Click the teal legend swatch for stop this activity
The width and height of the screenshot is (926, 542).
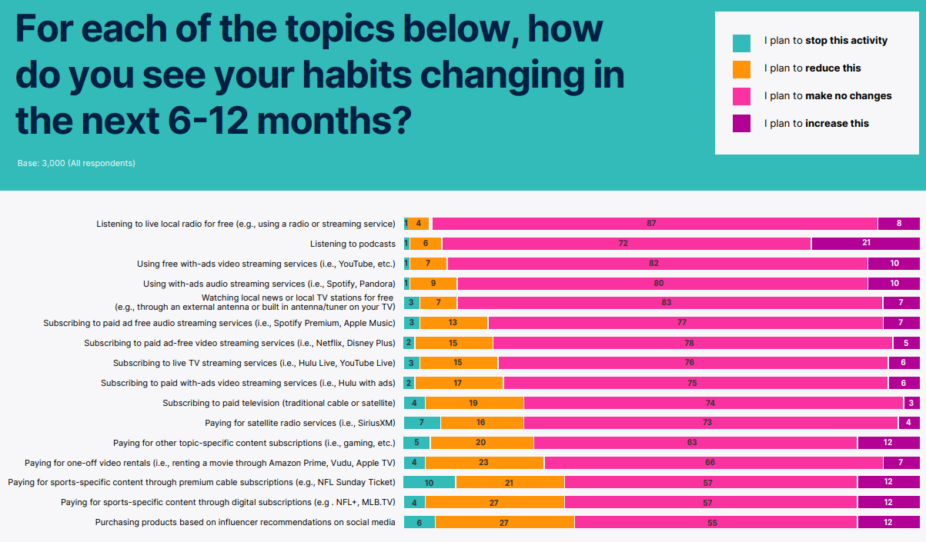tap(741, 42)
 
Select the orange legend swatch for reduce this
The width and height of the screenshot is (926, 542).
tap(741, 69)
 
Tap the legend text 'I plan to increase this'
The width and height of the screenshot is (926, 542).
tap(816, 123)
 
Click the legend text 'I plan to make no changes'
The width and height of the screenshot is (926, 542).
tap(827, 96)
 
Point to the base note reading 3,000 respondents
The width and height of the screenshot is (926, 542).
tap(76, 163)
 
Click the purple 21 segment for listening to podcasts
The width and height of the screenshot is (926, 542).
tap(865, 244)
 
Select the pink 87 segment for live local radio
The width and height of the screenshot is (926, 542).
tap(654, 224)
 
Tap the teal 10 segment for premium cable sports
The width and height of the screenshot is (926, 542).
tap(430, 482)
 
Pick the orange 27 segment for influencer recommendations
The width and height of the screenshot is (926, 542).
tap(504, 522)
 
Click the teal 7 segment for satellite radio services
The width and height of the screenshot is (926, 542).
tap(422, 423)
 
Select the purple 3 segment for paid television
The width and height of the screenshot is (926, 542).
tap(911, 403)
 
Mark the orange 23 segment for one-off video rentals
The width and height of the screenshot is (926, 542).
tap(484, 463)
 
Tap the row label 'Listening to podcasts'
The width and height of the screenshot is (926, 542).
tap(353, 244)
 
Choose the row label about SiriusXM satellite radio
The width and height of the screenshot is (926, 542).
tap(300, 423)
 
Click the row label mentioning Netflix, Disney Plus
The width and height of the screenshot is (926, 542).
tap(239, 343)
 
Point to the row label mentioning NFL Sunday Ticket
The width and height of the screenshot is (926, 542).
tap(202, 482)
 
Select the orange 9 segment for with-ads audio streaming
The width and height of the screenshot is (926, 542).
tap(433, 284)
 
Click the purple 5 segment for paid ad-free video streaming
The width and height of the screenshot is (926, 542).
tap(906, 343)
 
